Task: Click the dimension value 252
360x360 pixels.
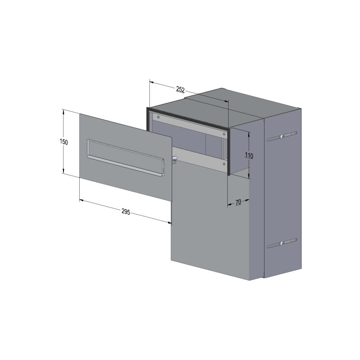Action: click(x=180, y=89)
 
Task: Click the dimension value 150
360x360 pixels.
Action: click(x=63, y=142)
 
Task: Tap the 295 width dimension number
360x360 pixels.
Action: click(x=126, y=211)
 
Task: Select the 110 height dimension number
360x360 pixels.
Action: click(x=249, y=155)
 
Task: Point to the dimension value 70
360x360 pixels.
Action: click(x=238, y=202)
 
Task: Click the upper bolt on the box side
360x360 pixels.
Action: click(x=282, y=137)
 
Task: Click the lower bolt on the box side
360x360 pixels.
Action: click(x=282, y=243)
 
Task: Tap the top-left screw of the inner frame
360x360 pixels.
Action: click(x=158, y=117)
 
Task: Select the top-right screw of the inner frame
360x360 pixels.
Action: click(x=224, y=134)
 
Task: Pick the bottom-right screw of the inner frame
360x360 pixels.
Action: click(x=224, y=164)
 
